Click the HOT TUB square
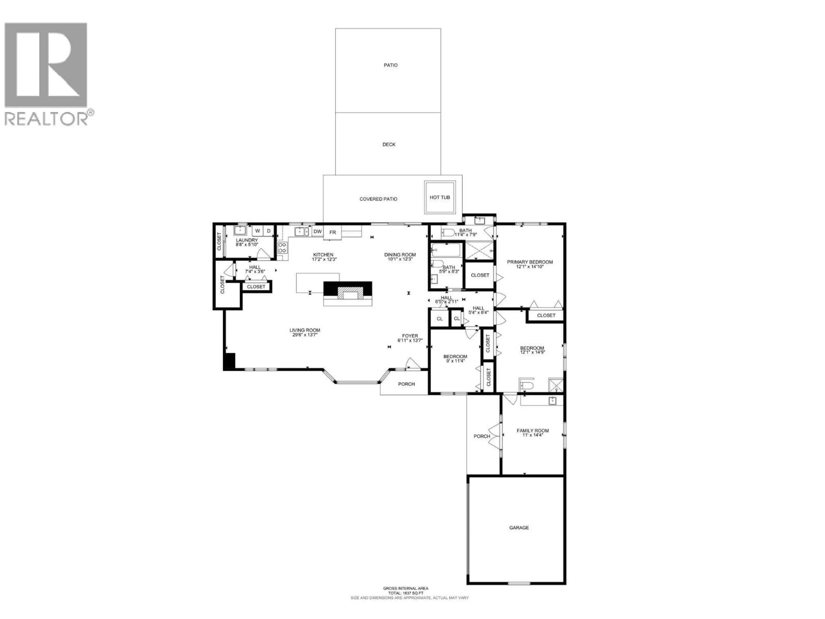pos(440,197)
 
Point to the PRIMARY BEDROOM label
pos(530,262)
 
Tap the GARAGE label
pos(519,528)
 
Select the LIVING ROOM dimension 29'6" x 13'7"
pos(305,335)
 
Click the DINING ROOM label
pos(400,255)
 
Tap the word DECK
pos(389,144)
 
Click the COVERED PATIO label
pos(378,199)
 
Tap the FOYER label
pos(410,336)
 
